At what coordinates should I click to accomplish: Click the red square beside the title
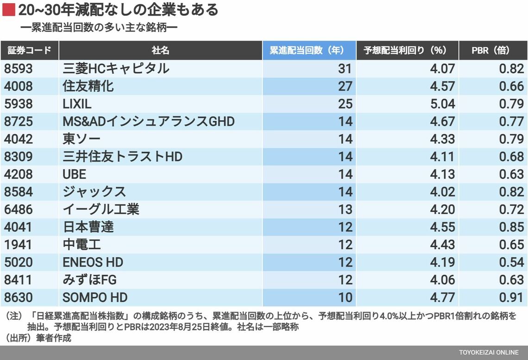[x=9, y=10]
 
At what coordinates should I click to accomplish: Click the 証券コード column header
[x=29, y=50]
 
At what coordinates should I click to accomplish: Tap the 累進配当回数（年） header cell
[x=309, y=50]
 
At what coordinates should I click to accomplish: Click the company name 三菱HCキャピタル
[x=116, y=68]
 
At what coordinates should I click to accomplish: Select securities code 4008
[x=19, y=86]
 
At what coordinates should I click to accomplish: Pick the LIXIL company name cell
[x=77, y=104]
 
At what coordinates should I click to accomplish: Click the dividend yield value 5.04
[x=442, y=104]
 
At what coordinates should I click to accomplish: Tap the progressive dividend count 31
[x=345, y=68]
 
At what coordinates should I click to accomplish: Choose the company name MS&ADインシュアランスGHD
[x=149, y=121]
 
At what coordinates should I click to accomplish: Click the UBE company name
[x=75, y=174]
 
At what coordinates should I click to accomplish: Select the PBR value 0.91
[x=511, y=297]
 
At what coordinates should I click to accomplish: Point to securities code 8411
[x=19, y=279]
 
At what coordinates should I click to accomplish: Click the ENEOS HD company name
[x=93, y=262]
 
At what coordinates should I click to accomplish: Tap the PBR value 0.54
[x=511, y=262]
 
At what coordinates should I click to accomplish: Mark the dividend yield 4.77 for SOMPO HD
[x=442, y=297]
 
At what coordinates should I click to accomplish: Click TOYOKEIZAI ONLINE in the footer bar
[x=489, y=353]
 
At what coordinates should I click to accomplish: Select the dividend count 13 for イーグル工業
[x=345, y=209]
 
